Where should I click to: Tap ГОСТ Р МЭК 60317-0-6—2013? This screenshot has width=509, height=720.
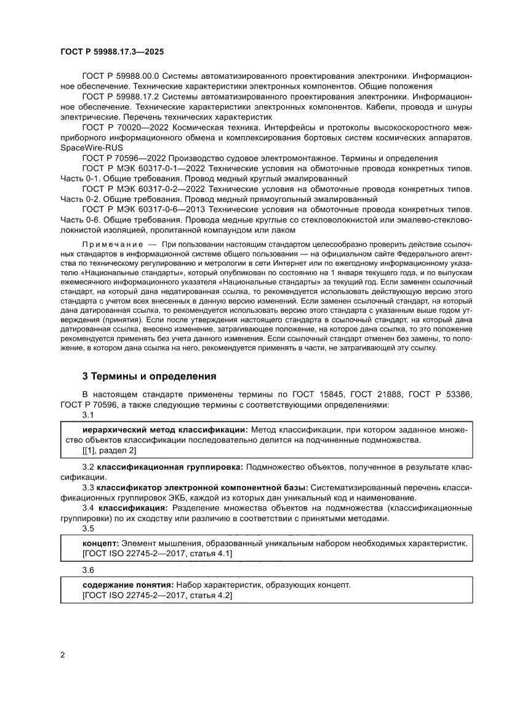[143, 210]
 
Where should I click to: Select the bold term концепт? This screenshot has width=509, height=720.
[100, 544]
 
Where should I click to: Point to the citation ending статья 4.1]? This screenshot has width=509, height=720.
[157, 554]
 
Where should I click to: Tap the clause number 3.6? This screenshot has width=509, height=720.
[88, 569]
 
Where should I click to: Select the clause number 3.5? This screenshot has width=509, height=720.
[88, 528]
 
